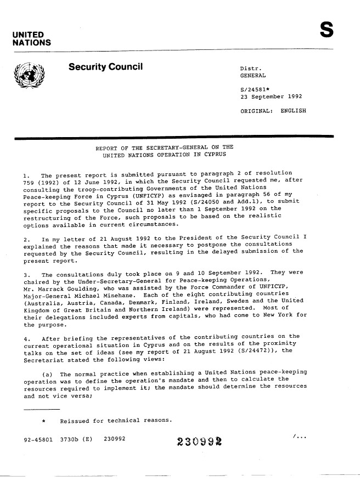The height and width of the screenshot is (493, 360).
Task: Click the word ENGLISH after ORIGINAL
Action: coord(293,111)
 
